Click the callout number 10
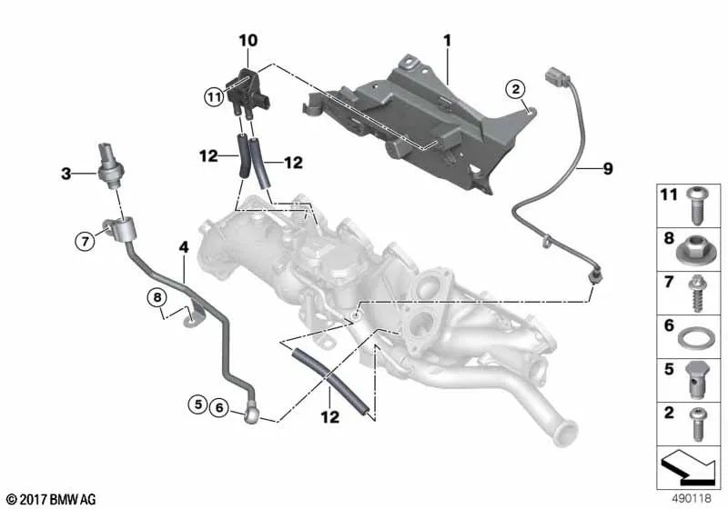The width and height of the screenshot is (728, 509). pos(248,40)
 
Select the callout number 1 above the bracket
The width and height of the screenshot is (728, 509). pos(447,40)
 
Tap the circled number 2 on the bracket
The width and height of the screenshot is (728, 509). pos(515,88)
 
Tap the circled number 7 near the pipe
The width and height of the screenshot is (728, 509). pos(84,241)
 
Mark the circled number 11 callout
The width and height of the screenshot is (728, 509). pos(213,96)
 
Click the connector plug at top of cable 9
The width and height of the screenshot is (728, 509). pos(554,76)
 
